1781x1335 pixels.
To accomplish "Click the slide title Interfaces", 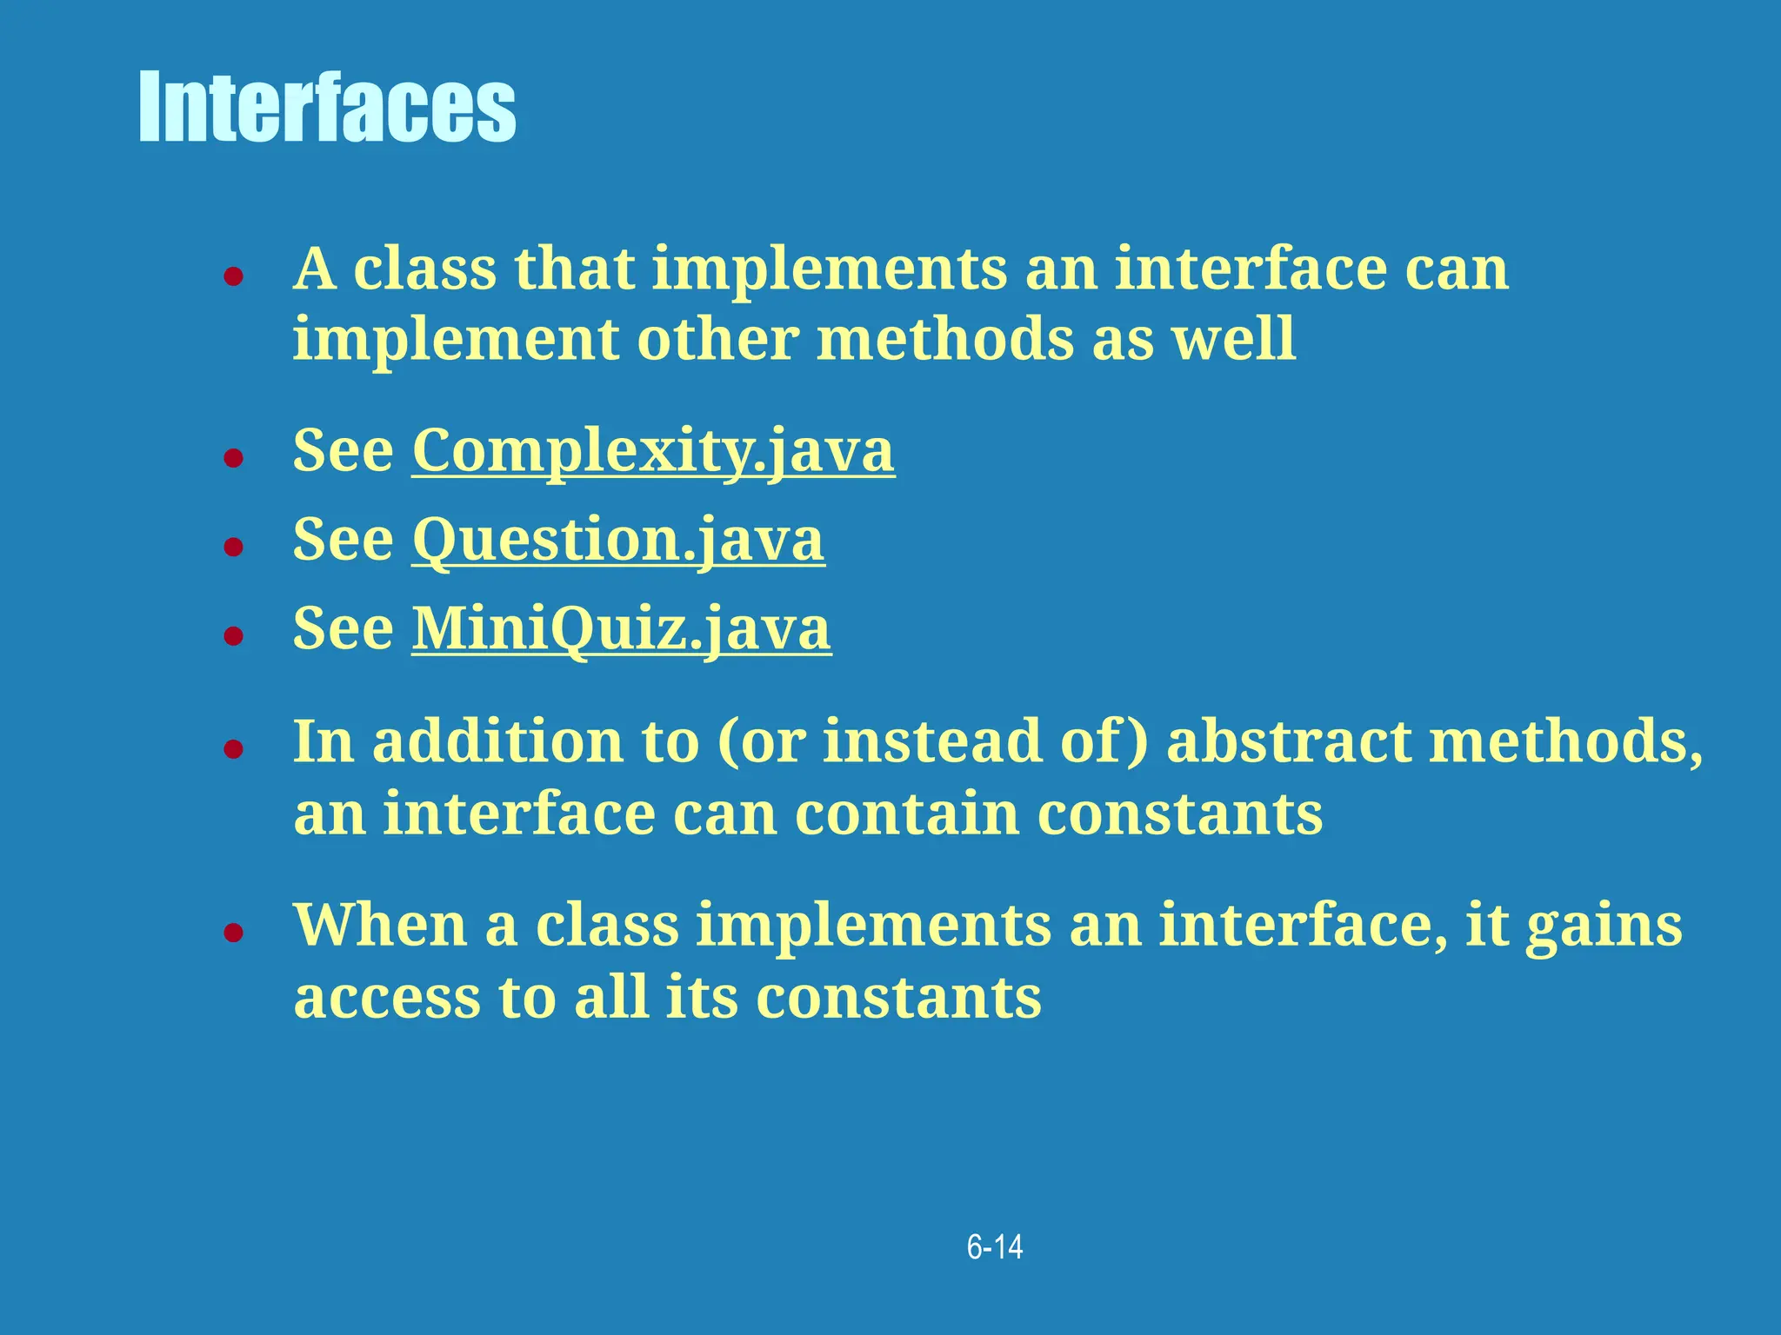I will (x=327, y=108).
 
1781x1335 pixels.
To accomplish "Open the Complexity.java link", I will (x=652, y=450).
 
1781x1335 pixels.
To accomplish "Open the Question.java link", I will (x=617, y=540).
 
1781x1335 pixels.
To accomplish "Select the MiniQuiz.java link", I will (x=621, y=628).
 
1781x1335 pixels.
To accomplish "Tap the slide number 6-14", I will (x=995, y=1247).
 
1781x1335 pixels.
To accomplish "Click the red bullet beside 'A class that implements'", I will (x=232, y=278).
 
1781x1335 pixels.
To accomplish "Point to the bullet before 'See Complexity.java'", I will (x=232, y=458).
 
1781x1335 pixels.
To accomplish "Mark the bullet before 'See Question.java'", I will (x=232, y=548).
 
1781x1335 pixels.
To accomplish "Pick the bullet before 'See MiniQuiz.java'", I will (x=232, y=636).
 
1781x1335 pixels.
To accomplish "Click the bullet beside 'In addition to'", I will (x=232, y=749).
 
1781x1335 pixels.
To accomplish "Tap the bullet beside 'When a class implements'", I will (x=232, y=933).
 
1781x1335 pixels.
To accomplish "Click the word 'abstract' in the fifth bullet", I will (x=1289, y=741).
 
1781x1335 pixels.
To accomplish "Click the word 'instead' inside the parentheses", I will (x=931, y=741).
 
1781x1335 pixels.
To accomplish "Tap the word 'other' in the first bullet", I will (x=717, y=339).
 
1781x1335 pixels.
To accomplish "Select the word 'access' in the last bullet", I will (x=387, y=997).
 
